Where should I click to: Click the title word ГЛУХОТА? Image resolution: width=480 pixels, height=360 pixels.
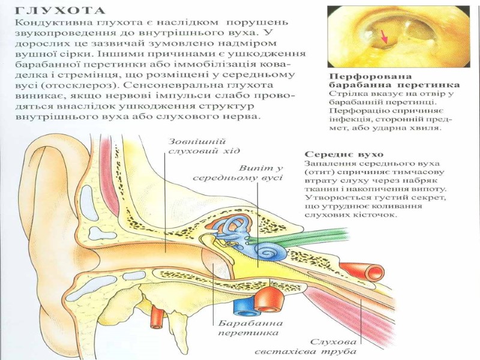[x=59, y=10]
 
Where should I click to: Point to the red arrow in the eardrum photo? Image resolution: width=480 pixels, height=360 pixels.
[x=385, y=37]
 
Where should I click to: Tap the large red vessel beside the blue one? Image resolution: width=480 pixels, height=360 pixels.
[x=268, y=299]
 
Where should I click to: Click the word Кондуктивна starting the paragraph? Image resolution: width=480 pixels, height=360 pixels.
[x=41, y=21]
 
